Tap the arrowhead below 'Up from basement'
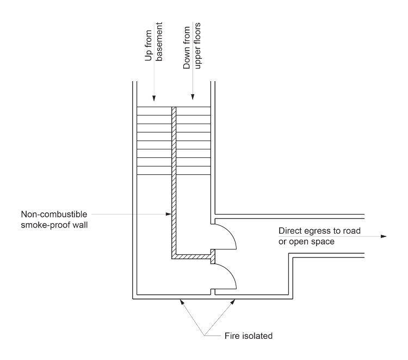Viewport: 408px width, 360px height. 154,98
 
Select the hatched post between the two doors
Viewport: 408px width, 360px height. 213,256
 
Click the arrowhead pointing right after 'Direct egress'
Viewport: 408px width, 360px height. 384,236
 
